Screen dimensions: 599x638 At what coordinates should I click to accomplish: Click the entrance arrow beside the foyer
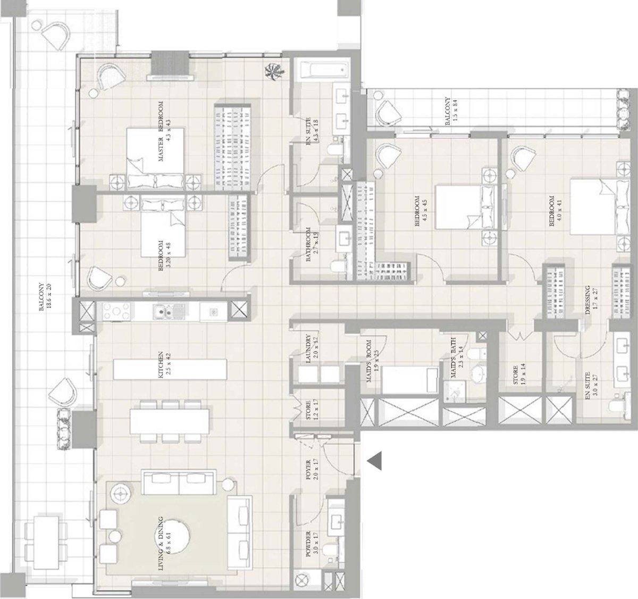(375, 460)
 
